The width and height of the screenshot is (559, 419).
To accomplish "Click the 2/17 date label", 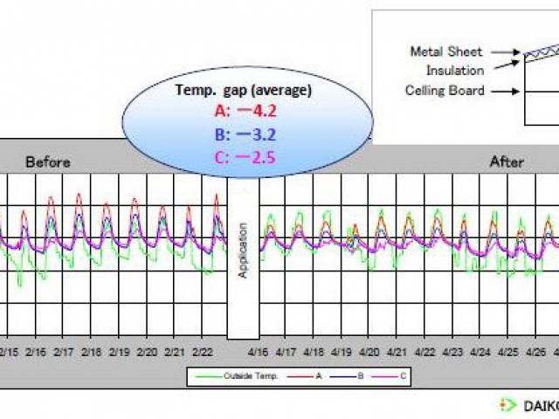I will (63, 353).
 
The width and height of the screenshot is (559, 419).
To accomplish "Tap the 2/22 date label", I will (202, 353).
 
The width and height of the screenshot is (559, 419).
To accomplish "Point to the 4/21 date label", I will (397, 353).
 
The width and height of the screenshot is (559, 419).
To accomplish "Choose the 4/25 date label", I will (507, 353).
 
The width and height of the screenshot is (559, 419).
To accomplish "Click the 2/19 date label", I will (119, 353).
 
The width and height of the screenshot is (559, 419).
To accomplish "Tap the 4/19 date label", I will (341, 353).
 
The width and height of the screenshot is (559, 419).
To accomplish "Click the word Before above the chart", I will (48, 162).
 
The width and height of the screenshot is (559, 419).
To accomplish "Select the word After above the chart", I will (507, 162).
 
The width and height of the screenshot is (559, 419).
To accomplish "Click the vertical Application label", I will (243, 250).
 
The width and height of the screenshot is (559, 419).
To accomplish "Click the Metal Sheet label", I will (446, 52).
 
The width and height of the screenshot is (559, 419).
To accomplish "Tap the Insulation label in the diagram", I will (455, 70).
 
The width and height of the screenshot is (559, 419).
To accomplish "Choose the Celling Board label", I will (445, 90).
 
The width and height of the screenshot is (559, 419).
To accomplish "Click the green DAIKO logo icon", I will (508, 405).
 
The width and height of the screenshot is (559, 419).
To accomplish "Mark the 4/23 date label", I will (452, 353).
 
